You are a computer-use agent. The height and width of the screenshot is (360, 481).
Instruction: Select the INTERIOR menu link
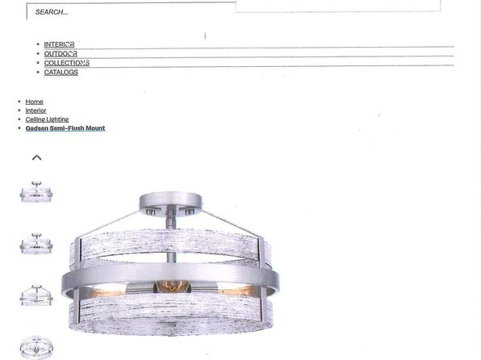coord(59,44)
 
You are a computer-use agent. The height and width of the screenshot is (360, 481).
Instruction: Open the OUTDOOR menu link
coord(61,54)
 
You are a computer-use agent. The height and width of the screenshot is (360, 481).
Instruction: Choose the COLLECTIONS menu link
coord(66,63)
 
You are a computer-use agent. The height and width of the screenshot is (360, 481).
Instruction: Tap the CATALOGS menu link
coord(61,72)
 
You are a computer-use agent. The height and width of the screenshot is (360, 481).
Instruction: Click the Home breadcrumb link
coord(34,102)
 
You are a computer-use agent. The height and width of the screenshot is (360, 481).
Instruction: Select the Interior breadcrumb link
coord(36,111)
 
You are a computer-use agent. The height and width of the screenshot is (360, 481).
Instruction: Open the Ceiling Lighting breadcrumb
coord(47,119)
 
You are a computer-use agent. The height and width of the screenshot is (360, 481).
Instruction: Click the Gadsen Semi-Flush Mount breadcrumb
coord(65,128)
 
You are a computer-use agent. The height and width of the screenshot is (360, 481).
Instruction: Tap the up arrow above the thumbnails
coord(37,157)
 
